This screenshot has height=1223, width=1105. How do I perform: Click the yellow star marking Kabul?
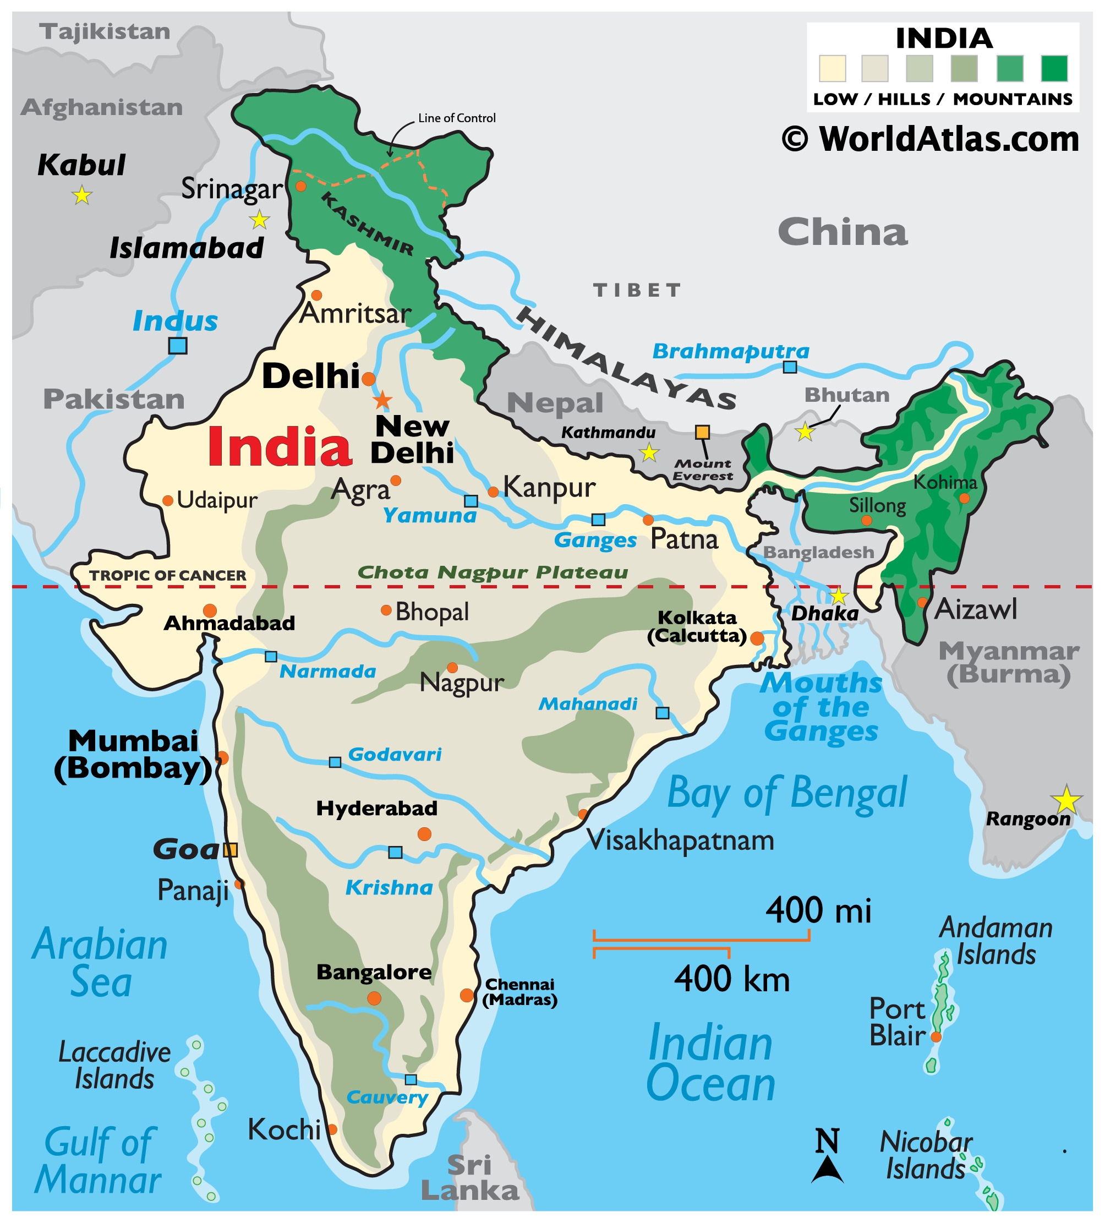point(82,195)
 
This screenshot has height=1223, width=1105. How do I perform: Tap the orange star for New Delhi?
point(382,400)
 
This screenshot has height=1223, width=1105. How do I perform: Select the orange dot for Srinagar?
point(301,186)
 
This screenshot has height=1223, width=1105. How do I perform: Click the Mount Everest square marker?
point(702,432)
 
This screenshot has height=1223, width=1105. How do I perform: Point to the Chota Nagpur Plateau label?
point(493,572)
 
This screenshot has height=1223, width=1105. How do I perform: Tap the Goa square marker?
point(230,850)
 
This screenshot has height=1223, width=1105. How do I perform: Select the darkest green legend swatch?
point(1054,68)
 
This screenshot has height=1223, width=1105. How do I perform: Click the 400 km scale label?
point(732,979)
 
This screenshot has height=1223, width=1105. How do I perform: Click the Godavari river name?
point(395,754)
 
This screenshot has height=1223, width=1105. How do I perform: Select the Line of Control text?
point(457,118)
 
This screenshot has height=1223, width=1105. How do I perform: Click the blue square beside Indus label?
point(178,346)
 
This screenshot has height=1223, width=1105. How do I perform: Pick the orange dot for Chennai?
point(467,995)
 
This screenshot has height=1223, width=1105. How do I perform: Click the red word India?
point(280,447)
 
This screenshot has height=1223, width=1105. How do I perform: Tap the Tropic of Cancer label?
point(168,575)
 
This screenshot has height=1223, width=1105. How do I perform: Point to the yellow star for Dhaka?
point(838,596)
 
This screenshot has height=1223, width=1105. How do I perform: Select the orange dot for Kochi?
point(332,1129)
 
